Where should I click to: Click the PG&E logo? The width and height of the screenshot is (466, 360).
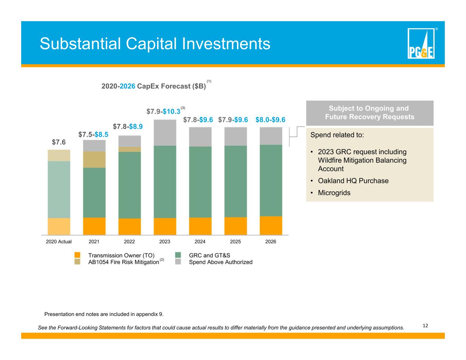coord(421,43)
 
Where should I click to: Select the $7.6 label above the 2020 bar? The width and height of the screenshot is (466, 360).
coord(59,142)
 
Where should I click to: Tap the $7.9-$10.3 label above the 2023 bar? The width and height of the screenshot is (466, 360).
coord(164,112)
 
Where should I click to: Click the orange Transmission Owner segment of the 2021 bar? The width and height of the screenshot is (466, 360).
coord(94,226)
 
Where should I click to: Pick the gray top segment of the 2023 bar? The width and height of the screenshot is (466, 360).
coord(165,133)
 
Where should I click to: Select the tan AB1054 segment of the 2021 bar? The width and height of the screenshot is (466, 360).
coord(94,160)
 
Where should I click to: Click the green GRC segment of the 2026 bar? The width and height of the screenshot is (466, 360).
coord(271,181)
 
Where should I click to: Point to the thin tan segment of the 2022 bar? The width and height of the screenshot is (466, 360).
coord(129,149)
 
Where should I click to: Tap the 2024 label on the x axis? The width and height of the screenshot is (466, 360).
coord(200,242)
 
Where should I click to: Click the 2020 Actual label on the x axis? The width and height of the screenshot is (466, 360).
coord(58,242)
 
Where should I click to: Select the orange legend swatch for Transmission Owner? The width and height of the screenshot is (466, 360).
coord(77,255)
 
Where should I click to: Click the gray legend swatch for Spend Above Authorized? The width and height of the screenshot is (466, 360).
coord(178,262)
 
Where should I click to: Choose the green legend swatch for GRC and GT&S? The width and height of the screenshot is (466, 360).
coord(178,255)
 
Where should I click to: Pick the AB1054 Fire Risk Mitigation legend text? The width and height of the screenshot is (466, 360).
coord(124,262)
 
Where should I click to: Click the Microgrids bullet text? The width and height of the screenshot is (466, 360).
coord(334,193)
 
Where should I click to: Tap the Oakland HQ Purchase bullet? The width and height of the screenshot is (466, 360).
coord(353,181)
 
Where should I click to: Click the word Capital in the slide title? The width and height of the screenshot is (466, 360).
coord(151,44)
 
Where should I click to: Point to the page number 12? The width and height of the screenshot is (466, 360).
coord(425,326)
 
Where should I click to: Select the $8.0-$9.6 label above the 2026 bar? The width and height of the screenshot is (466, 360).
coord(270,119)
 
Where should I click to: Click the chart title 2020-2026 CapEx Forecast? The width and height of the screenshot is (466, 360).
coord(154,86)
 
